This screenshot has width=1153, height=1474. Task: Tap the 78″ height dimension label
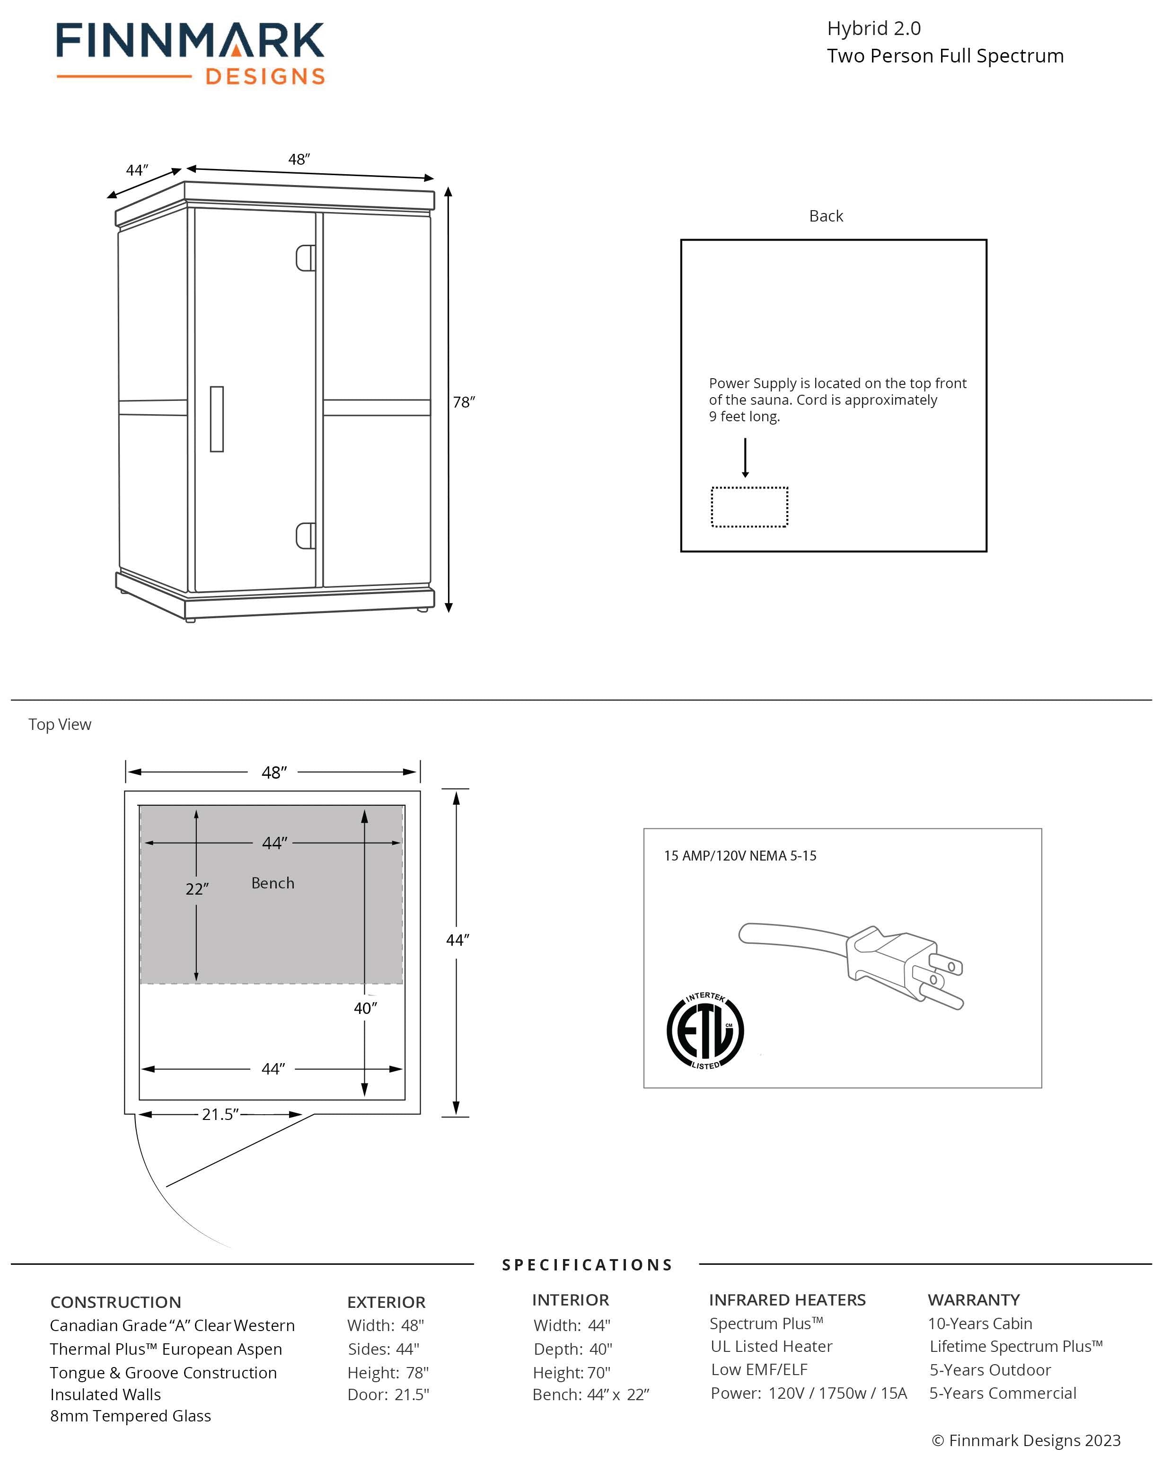464,402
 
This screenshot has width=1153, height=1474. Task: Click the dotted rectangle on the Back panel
749,507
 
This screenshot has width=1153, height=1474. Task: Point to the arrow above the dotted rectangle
745,458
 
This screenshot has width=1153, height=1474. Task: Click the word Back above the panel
826,216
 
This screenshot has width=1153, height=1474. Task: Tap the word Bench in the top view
273,883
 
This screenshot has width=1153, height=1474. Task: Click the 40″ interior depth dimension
365,1008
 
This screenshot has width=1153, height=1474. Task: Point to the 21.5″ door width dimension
220,1115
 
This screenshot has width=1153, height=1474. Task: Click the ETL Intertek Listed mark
705,1031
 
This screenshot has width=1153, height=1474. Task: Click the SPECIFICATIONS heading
587,1265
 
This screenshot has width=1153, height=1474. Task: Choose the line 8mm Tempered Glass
130,1416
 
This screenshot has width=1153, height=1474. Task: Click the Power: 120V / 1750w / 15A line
809,1393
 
